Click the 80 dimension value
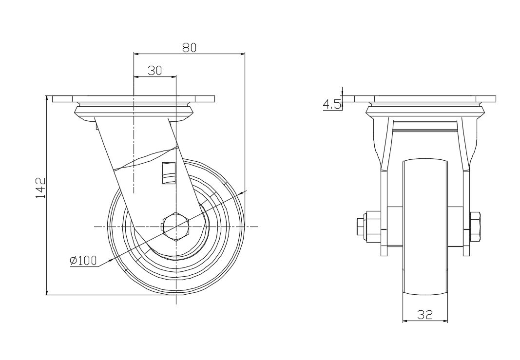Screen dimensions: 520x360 [190, 48]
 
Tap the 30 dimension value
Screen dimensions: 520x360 [155, 71]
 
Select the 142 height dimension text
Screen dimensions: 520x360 [40, 188]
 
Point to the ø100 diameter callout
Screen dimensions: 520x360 [83, 261]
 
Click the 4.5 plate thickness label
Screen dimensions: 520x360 [331, 105]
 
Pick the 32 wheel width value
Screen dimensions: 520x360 [425, 314]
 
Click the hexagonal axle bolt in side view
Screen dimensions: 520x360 [176, 227]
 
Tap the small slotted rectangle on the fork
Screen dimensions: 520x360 [169, 173]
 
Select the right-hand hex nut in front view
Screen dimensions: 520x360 [475, 227]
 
